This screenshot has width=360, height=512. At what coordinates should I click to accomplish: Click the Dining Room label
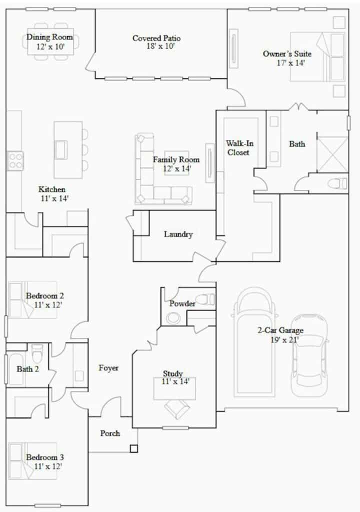click(49, 37)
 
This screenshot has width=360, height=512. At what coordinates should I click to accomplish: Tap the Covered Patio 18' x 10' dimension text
click(160, 46)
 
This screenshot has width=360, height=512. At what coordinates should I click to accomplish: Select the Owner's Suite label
click(287, 53)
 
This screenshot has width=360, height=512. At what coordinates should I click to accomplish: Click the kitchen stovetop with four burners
click(15, 161)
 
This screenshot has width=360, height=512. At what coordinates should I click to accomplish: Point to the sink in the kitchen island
click(61, 150)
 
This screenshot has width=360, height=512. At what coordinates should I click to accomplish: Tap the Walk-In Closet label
click(239, 147)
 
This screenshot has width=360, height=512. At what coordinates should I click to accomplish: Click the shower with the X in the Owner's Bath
click(332, 154)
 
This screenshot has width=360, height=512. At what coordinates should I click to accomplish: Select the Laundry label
click(178, 234)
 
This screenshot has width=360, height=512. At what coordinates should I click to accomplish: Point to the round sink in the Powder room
click(172, 318)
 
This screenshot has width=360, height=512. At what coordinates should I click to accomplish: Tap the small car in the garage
click(309, 355)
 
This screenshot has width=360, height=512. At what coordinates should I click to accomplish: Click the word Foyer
click(108, 368)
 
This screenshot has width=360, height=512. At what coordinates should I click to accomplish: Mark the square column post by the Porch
click(133, 448)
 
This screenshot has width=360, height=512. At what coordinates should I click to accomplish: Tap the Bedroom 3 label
click(45, 457)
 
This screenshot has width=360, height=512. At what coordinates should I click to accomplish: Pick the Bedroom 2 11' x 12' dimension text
click(48, 305)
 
